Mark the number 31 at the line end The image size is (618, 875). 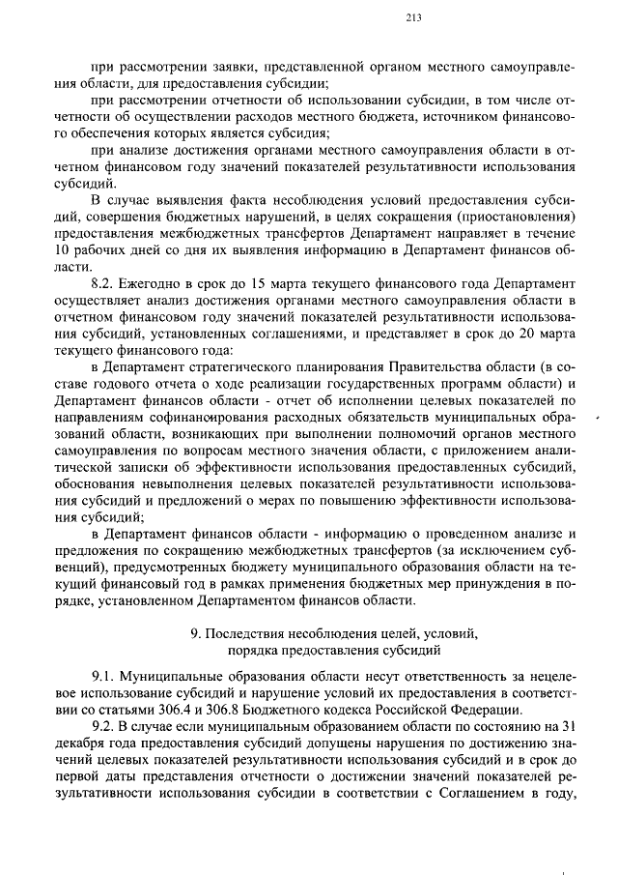(568, 725)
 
